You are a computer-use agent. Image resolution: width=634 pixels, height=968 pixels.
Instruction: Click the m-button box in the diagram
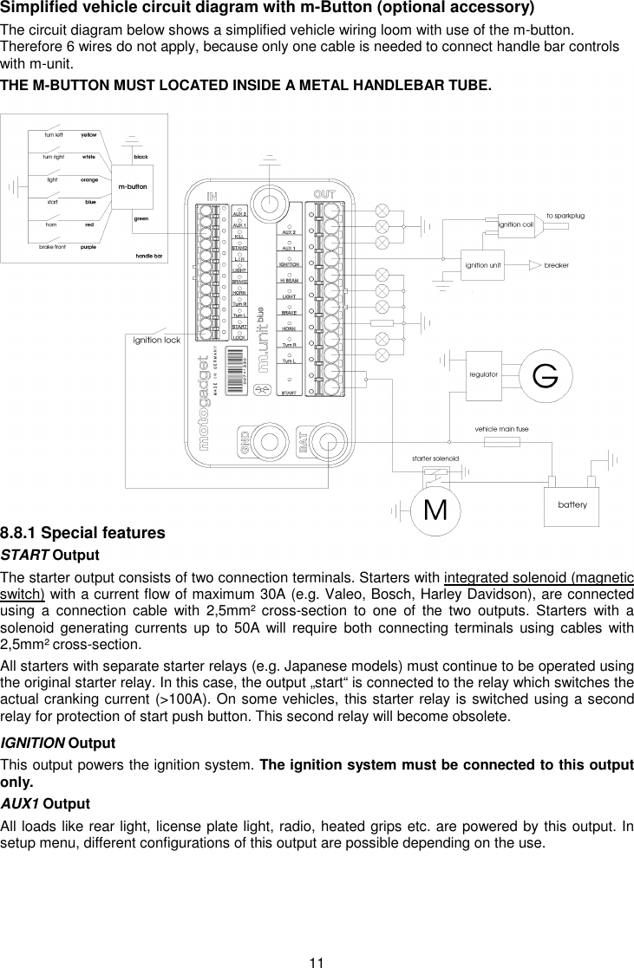point(132,187)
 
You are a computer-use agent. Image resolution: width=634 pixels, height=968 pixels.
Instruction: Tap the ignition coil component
point(515,224)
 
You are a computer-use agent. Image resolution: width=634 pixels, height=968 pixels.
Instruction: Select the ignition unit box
point(483,265)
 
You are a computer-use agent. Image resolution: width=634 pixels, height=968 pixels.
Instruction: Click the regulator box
point(482,374)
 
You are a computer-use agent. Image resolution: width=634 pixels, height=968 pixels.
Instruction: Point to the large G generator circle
point(544,375)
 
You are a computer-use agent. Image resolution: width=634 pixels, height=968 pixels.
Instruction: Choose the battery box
point(572,504)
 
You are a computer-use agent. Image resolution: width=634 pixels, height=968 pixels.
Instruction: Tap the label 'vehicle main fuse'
point(501,428)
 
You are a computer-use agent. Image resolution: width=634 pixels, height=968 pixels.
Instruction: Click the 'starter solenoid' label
point(435,458)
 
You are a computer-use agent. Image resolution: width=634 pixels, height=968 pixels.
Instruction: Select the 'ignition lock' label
point(156,340)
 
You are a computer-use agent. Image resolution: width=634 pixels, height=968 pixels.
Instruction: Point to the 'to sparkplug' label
point(565,214)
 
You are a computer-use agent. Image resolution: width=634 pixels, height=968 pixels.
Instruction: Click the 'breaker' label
point(556,265)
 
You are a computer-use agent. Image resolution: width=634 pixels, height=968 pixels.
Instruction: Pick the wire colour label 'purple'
point(88,247)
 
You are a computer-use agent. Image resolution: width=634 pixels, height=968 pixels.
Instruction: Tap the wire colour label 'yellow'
point(88,135)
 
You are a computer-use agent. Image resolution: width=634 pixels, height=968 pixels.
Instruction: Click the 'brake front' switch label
point(52,247)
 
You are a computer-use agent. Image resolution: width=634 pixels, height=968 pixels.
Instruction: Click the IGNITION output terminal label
point(289,263)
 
